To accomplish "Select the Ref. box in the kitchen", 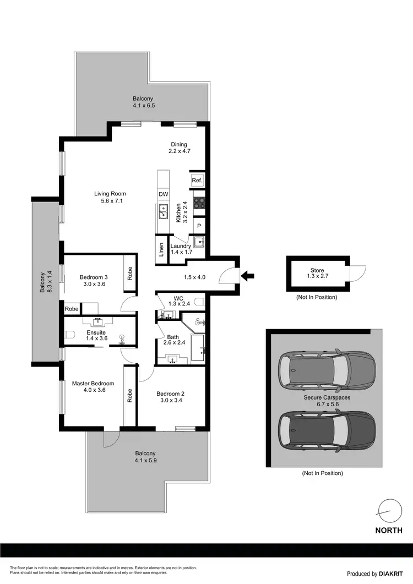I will click(197, 181).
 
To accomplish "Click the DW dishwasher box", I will click(164, 194).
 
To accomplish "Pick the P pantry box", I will click(198, 226).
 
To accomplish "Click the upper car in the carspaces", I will click(327, 370).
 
